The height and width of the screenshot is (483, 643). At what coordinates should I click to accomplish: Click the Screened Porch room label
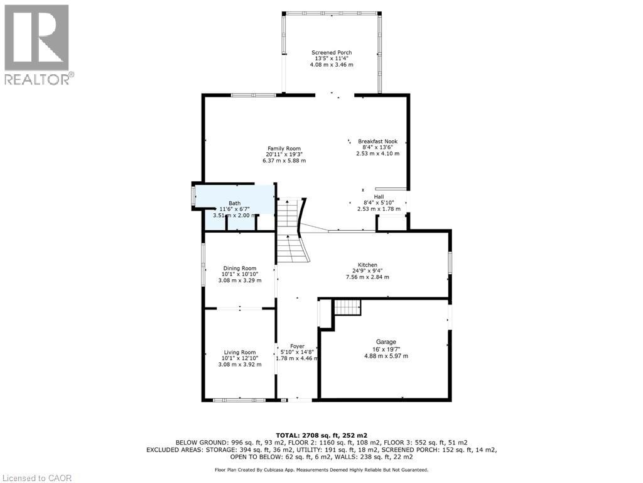pos(332,53)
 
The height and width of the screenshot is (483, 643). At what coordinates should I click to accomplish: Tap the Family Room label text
pos(284,148)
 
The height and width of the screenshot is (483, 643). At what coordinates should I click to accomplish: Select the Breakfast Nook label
pos(377,142)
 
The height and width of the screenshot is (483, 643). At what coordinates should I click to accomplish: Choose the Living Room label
pos(240,352)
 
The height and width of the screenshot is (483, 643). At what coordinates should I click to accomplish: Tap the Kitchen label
pos(367,265)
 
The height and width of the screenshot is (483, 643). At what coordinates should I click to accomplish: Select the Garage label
pos(386,342)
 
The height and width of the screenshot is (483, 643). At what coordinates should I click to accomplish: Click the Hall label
pos(379,196)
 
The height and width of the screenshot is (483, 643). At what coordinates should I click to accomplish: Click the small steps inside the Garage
pos(347,308)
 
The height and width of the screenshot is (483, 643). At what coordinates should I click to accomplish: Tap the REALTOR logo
pos(37,44)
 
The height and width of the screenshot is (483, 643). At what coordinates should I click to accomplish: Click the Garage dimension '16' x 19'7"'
pos(386,349)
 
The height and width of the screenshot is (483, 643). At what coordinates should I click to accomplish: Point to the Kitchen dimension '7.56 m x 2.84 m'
pos(367,277)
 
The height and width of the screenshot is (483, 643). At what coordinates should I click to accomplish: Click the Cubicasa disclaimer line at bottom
pos(321,469)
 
